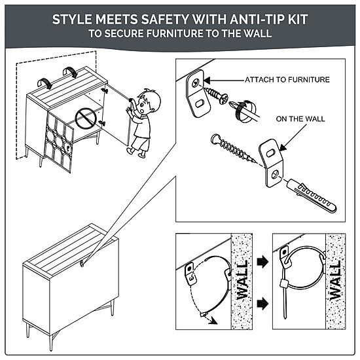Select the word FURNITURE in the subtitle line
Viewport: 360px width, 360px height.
tap(175, 33)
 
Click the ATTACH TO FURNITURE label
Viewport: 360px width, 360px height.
tap(287, 80)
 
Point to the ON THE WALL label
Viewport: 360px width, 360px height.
tap(300, 119)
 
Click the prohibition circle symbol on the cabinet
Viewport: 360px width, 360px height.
tap(85, 118)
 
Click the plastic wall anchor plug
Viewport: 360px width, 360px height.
tap(311, 196)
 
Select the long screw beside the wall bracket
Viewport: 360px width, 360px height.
tap(233, 149)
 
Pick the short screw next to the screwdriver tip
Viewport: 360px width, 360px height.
tap(217, 95)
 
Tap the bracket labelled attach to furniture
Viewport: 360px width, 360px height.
tap(198, 94)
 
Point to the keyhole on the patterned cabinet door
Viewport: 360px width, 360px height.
tap(69, 149)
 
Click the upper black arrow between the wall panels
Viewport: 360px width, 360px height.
tap(263, 262)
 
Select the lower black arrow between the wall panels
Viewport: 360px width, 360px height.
tap(263, 304)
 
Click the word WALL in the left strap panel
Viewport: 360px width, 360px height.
tap(242, 279)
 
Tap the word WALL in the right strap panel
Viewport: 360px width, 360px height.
tap(336, 281)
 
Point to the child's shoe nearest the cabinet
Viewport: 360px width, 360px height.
tap(130, 151)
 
